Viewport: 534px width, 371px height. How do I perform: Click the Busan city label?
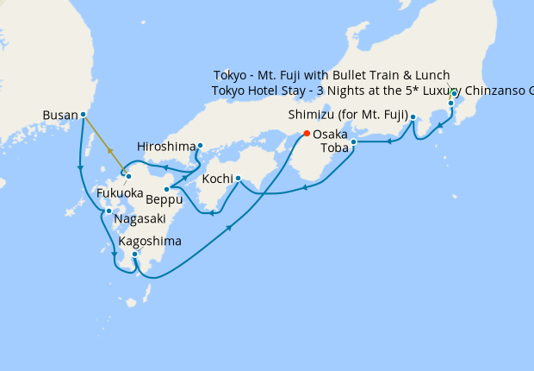point(59,114)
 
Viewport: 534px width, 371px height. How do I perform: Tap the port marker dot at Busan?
point(83,114)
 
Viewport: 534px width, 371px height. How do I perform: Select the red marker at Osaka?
point(306,134)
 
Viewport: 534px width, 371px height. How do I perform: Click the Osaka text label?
point(330,135)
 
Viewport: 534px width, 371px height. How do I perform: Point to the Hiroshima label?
point(166,146)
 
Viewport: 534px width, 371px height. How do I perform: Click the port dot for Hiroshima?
point(200,145)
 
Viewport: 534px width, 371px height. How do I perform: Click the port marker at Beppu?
point(166,189)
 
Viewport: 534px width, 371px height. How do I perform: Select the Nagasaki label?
point(140,219)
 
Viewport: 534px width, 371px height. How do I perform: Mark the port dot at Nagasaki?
point(109,211)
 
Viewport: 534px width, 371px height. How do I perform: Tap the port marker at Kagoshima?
point(135,254)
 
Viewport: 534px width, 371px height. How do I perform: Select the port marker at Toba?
point(353,141)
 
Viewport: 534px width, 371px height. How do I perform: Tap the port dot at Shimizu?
point(413,116)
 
